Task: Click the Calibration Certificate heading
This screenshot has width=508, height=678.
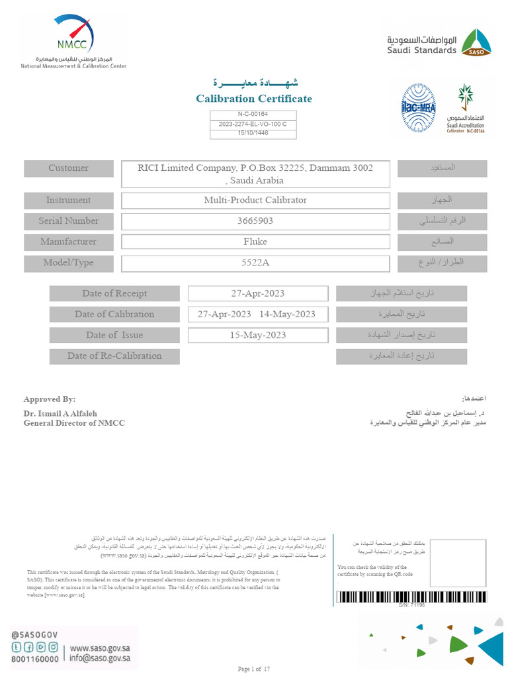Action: click(254, 99)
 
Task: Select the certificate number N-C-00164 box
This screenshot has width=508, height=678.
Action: click(253, 115)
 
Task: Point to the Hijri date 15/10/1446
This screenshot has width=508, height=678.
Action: click(253, 134)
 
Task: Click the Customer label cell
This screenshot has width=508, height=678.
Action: click(68, 168)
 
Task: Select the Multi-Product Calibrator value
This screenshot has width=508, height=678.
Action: click(255, 200)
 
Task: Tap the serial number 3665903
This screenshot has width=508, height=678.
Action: click(255, 220)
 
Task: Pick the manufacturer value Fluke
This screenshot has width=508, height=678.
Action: click(255, 242)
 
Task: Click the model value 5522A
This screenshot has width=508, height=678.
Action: click(255, 262)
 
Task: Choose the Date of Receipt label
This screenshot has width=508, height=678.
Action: click(114, 293)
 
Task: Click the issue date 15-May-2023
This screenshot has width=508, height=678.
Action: click(258, 335)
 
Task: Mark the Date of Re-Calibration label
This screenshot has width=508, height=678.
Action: click(114, 356)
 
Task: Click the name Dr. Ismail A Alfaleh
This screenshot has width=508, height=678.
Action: click(60, 413)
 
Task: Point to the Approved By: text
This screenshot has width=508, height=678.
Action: click(50, 399)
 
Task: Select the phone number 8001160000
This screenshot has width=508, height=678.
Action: click(35, 659)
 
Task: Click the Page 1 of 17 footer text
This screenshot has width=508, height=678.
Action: click(254, 669)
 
